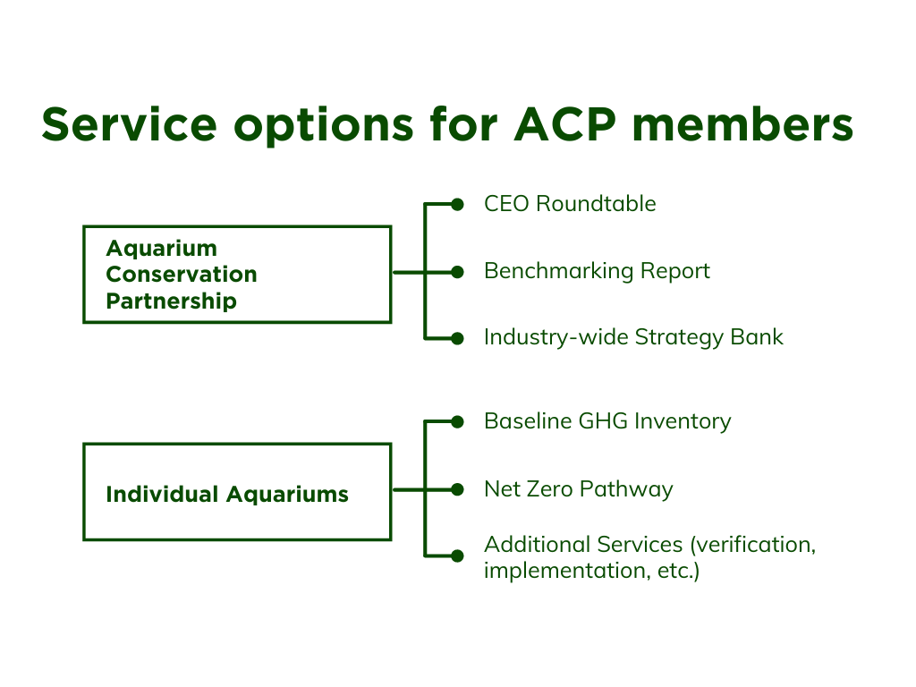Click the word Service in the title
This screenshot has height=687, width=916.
tap(129, 123)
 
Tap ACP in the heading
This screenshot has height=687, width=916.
tap(565, 123)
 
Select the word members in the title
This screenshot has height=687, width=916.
tap(743, 123)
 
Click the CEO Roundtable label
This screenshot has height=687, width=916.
tap(570, 204)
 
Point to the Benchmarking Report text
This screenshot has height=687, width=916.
tap(597, 271)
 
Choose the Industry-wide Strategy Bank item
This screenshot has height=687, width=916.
tap(634, 337)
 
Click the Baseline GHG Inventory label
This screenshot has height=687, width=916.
tap(607, 421)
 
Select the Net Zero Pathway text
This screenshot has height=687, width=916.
tap(579, 489)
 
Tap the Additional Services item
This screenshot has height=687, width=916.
tap(649, 557)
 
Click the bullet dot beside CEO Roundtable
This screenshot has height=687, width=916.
tap(457, 205)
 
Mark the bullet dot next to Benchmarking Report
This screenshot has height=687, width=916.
tap(457, 272)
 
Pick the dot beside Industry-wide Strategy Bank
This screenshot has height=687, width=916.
tap(457, 338)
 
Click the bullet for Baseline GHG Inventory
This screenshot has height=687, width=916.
tap(457, 422)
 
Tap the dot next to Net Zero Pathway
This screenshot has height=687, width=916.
tap(457, 489)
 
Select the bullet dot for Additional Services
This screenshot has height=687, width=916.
tap(457, 556)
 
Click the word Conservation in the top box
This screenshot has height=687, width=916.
tap(182, 274)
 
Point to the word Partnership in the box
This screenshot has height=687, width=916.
tap(172, 301)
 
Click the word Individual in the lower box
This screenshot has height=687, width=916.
tap(162, 494)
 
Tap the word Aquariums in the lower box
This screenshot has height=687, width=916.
tap(287, 495)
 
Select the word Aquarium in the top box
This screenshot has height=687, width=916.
tap(162, 249)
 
